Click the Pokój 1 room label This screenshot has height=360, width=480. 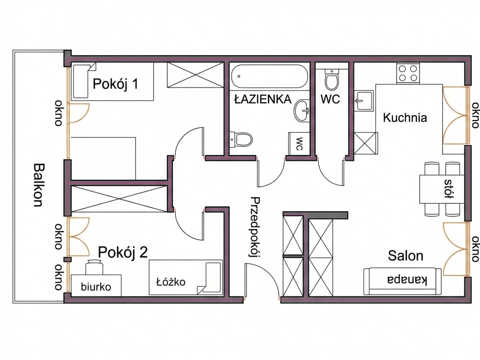(x=116, y=84)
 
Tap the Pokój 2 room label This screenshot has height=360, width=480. (x=123, y=252)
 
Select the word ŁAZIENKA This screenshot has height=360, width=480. (x=263, y=99)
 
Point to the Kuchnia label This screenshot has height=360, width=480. (x=405, y=118)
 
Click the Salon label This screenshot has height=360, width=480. (x=406, y=256)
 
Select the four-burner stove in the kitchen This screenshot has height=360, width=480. (x=408, y=73)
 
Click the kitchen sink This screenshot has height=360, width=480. (x=364, y=101)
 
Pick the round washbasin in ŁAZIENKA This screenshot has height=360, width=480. (x=302, y=111)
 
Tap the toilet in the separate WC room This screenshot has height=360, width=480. (x=332, y=79)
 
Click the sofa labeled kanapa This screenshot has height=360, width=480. (x=402, y=281)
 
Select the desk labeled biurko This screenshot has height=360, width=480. (x=96, y=286)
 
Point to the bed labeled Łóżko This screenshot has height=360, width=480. (x=186, y=277)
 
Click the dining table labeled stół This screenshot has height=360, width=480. (x=442, y=189)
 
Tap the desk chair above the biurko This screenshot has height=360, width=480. (x=94, y=267)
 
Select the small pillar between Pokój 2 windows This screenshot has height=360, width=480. (x=68, y=260)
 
